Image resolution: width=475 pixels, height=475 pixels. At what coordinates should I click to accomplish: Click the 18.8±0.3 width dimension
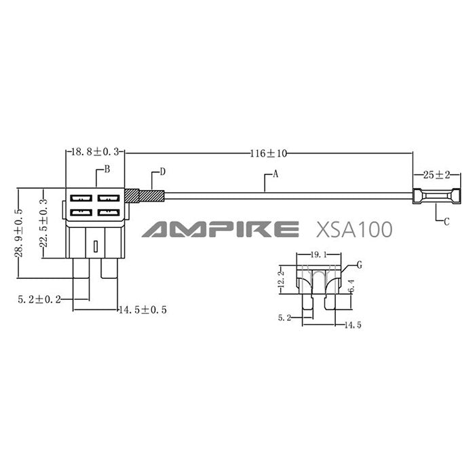tap(96, 153)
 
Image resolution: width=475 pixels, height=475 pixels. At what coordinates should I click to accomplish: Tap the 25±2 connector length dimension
tap(437, 174)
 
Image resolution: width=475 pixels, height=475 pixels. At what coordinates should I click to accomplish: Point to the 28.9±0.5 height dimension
tap(20, 233)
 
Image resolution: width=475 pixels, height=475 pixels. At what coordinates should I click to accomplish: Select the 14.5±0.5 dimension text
tap(142, 310)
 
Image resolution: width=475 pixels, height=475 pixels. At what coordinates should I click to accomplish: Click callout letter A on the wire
tap(275, 174)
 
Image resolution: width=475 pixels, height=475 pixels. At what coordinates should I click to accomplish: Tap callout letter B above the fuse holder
tap(107, 168)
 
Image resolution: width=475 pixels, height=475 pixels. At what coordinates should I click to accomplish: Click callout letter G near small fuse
tap(358, 265)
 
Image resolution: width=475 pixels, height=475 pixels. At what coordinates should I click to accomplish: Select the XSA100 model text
tap(354, 229)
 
